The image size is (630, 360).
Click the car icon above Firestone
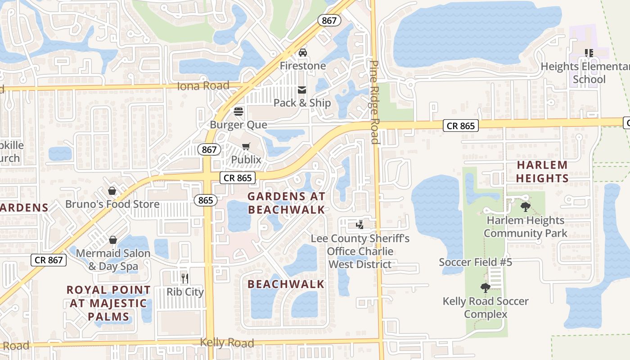point(303,53)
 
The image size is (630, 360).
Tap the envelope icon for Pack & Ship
point(302,90)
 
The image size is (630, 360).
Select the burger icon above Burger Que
point(238,112)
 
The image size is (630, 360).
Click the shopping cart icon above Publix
point(246,146)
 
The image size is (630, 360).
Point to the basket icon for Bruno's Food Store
point(112,191)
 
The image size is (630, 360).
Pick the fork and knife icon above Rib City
point(184,278)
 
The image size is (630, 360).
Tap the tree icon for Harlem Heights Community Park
point(525,207)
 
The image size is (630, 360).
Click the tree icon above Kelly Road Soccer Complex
point(485,288)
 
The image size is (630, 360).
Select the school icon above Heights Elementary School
point(589,53)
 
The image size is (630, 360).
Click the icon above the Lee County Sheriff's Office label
point(360,225)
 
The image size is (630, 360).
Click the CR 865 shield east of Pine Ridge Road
point(461,126)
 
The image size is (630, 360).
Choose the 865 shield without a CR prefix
point(205,200)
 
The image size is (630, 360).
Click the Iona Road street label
point(203,85)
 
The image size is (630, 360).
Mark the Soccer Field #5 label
point(475,262)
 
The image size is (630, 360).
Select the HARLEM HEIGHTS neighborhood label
point(542,171)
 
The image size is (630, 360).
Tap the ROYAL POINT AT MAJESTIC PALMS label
point(109,303)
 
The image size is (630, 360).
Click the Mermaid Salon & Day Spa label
point(113,260)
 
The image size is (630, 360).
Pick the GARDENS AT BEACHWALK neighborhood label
point(286,203)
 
